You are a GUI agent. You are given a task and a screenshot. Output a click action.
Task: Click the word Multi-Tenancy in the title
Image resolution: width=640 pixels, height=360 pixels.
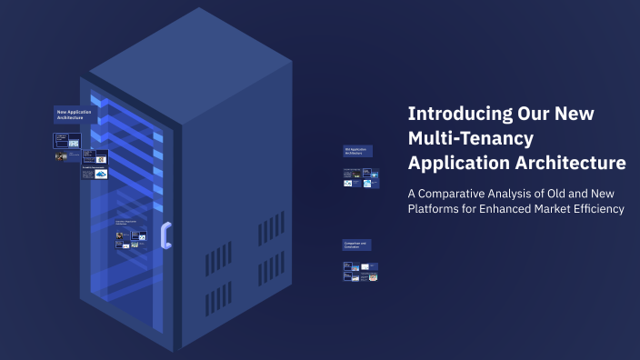[x=470, y=138]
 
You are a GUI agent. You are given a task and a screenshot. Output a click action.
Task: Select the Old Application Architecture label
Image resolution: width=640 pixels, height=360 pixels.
[x=357, y=151]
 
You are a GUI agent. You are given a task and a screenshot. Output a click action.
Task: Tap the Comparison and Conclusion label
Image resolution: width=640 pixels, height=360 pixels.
[x=356, y=245]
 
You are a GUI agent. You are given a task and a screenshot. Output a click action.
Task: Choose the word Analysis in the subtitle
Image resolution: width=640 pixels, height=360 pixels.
[x=524, y=193]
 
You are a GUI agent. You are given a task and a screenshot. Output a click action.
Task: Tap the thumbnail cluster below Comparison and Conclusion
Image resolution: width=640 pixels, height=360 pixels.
[x=360, y=271]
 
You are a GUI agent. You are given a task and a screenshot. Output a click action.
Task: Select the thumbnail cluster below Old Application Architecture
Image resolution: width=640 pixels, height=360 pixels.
[x=360, y=177]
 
